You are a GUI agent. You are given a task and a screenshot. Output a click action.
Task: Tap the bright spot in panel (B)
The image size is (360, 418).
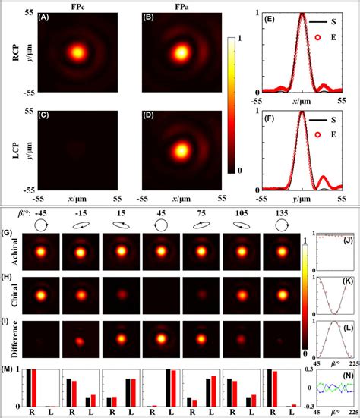point(182,52)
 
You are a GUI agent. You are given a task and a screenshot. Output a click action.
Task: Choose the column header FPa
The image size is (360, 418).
point(178,6)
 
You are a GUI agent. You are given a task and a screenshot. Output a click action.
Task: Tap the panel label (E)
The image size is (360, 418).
point(270,20)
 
